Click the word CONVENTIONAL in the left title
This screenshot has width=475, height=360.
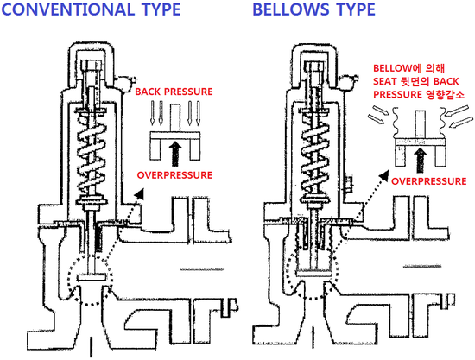[68, 9]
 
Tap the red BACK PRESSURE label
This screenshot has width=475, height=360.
[174, 92]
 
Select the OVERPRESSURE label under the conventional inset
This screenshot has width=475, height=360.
[174, 175]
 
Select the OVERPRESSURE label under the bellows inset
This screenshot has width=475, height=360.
[428, 181]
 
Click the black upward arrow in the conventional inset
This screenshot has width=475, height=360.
[175, 154]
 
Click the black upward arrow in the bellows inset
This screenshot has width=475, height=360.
[420, 160]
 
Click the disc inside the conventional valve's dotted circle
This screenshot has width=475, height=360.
[92, 277]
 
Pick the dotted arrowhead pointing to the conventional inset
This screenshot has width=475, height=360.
[139, 193]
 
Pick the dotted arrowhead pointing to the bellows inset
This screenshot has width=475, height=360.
[384, 175]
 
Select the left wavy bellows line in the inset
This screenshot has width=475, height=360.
[396, 123]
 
